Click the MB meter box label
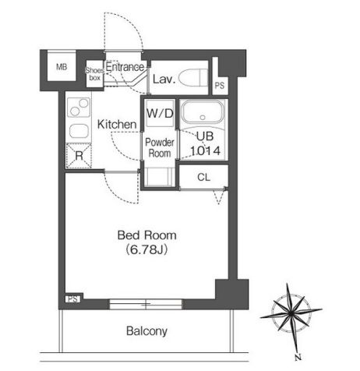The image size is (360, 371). [x=62, y=67]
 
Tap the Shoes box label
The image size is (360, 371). [x=94, y=74]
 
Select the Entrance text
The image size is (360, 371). [x=125, y=67]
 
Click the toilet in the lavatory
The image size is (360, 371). [x=194, y=77]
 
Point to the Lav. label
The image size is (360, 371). [x=164, y=79]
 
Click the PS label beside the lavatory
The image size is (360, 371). [x=220, y=86]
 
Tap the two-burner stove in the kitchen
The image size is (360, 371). [x=79, y=107]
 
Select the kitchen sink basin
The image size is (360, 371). [x=79, y=131]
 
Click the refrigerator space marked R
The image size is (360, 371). [x=79, y=156]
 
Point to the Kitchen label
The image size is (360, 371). [x=117, y=125]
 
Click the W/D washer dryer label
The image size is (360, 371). [x=160, y=113]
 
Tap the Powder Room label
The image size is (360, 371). [x=160, y=147]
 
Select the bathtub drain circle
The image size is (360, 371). [x=203, y=118]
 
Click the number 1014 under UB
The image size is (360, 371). [x=205, y=150]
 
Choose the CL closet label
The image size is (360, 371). [x=203, y=177]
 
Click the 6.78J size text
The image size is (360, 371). [x=146, y=249]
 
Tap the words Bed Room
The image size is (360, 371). [x=147, y=235]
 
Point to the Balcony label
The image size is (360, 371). [x=146, y=331]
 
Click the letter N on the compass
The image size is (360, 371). [x=298, y=357]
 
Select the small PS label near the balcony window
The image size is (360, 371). [x=72, y=299]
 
